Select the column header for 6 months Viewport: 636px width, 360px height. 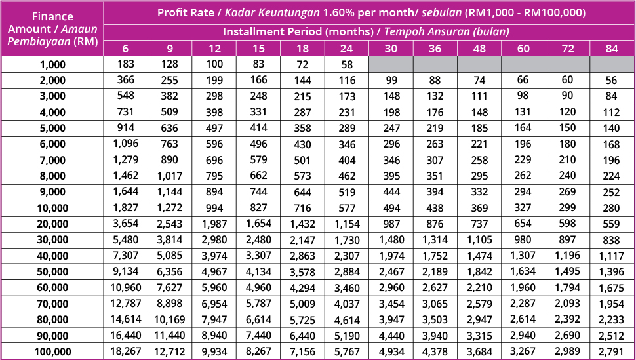(x=125, y=49)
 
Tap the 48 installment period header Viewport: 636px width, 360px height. (x=479, y=49)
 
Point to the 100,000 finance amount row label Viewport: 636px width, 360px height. (x=52, y=352)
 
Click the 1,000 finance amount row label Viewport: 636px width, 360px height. (x=52, y=65)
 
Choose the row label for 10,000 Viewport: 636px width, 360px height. (x=52, y=209)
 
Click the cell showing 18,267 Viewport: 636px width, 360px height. (x=125, y=352)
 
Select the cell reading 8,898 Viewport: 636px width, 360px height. (x=169, y=304)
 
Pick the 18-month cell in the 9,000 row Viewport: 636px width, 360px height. (x=302, y=193)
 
